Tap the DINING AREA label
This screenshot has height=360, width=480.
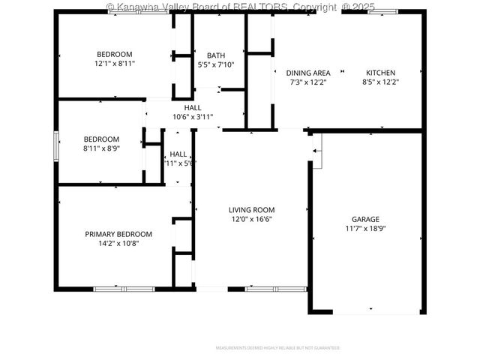pos(308,73)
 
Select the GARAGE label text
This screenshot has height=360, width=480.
pos(366,219)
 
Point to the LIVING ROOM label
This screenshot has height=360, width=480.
pos(252,210)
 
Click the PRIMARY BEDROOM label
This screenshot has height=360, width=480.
pos(118,234)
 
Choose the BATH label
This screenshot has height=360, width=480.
pos(216,55)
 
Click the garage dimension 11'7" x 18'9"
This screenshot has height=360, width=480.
pos(366,229)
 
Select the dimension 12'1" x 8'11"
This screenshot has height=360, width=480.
pos(114,64)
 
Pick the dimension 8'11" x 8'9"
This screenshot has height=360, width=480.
pos(101,148)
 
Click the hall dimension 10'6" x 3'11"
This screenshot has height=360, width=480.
pos(193,116)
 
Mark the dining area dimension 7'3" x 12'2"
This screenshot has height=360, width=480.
pos(308,82)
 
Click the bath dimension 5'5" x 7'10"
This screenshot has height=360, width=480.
pos(216,64)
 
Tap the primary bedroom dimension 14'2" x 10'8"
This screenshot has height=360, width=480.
pos(118,243)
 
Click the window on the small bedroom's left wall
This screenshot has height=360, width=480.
pos(55,145)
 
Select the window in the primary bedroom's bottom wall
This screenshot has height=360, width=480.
pos(124,289)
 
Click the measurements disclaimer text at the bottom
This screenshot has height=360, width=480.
pos(277,348)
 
